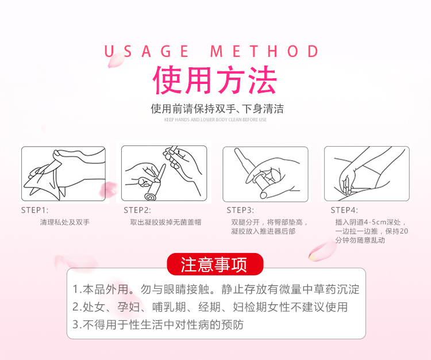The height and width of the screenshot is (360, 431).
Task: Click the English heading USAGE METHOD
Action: (x=211, y=51)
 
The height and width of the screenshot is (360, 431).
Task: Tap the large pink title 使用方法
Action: (x=215, y=80)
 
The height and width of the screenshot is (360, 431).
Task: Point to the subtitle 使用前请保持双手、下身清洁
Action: (x=217, y=109)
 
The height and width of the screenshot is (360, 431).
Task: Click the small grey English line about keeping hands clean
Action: (x=215, y=120)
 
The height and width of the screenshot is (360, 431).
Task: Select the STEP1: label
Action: (x=34, y=210)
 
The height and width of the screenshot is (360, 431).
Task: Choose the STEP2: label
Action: (x=137, y=210)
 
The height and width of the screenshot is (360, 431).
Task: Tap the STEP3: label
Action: (x=240, y=210)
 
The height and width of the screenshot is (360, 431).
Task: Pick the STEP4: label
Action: (x=344, y=210)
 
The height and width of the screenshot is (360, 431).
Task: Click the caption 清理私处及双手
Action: (x=65, y=222)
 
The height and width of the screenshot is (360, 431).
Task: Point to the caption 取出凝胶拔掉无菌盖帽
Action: (x=166, y=222)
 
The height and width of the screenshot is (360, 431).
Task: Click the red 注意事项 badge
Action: (x=215, y=265)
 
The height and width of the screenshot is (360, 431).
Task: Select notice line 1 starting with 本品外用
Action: (x=216, y=289)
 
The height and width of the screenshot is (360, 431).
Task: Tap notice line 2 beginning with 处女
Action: (x=210, y=307)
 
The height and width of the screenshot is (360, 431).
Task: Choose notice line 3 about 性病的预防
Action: (x=158, y=324)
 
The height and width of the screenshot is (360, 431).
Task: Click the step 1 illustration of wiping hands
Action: (x=63, y=174)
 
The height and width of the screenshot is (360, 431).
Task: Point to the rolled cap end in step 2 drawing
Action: (x=151, y=197)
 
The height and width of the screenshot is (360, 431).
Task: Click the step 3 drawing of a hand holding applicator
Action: (x=265, y=174)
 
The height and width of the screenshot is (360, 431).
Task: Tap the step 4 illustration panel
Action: (x=367, y=174)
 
